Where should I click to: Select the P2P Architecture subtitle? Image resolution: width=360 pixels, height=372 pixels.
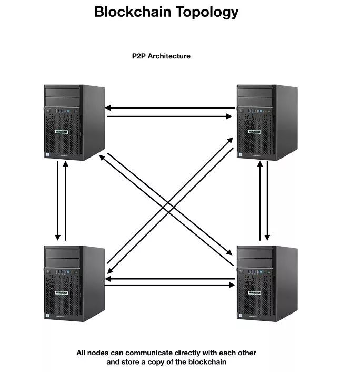161,55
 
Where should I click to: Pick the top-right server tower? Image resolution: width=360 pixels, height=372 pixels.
265,122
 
